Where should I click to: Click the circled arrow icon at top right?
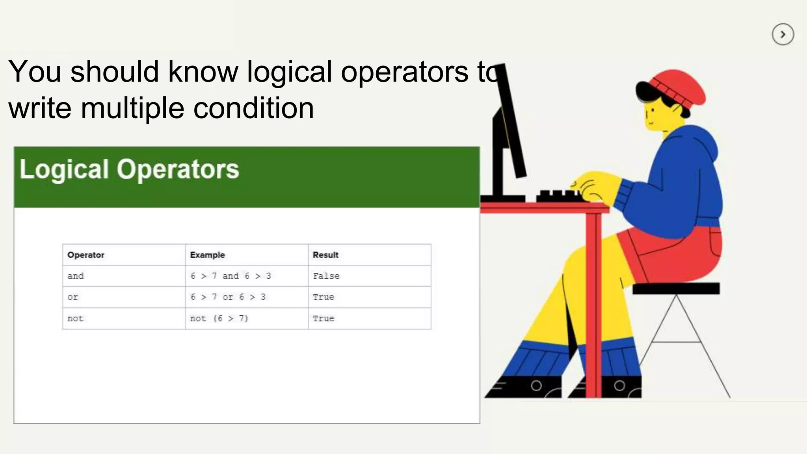click(783, 35)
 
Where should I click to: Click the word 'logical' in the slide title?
click(289, 73)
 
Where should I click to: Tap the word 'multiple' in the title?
click(132, 109)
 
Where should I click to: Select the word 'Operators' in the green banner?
click(178, 169)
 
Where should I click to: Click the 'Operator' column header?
click(86, 255)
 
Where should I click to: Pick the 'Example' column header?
click(207, 255)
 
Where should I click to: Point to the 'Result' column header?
click(325, 255)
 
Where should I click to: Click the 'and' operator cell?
click(76, 276)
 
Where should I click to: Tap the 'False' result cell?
click(326, 276)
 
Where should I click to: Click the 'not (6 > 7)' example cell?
click(219, 318)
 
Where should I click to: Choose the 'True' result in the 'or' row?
click(323, 297)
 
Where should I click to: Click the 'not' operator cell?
click(75, 318)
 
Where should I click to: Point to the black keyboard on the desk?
click(558, 196)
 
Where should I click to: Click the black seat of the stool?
click(676, 288)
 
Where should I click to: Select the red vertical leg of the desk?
click(593, 303)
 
